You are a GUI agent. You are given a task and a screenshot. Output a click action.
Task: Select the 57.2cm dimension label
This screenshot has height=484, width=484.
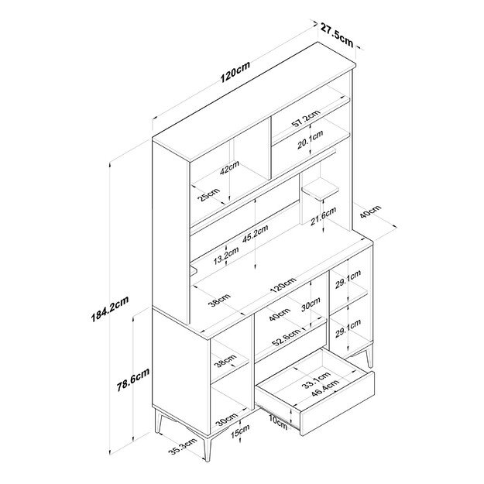(306, 120)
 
